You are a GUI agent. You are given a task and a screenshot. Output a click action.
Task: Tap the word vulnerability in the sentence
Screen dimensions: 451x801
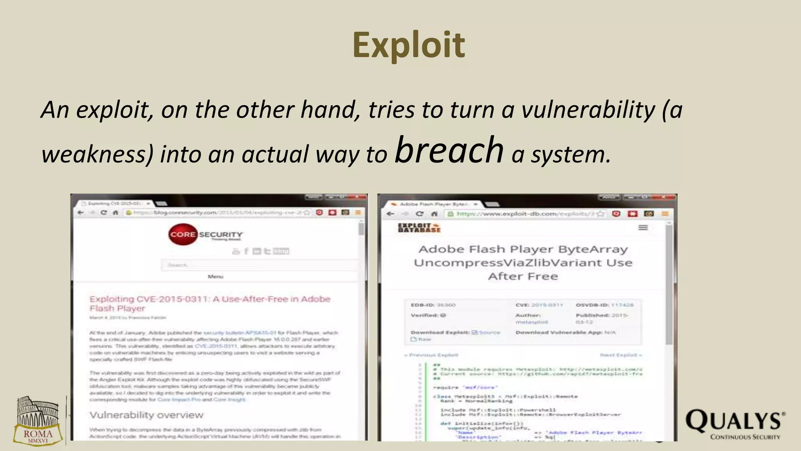(x=588, y=110)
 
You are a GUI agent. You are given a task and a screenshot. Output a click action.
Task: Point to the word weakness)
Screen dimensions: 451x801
(x=97, y=154)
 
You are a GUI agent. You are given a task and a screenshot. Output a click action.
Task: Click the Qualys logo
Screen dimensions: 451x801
(x=735, y=424)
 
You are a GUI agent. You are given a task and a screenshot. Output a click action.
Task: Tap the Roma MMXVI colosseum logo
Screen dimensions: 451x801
(x=38, y=421)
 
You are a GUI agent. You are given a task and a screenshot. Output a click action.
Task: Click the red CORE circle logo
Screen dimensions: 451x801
(x=182, y=235)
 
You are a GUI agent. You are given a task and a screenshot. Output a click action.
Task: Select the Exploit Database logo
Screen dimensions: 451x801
(x=419, y=228)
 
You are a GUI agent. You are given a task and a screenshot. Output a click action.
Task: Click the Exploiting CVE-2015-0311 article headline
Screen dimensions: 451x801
(x=210, y=303)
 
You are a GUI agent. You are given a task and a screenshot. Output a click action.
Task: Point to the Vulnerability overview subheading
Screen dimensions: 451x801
(x=146, y=415)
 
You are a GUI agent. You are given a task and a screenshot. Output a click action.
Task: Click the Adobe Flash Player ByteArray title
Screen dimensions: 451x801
(x=523, y=262)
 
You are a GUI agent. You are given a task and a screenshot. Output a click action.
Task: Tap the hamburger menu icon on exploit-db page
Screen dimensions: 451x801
(x=643, y=227)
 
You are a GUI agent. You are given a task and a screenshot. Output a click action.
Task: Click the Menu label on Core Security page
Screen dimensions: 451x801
(x=215, y=276)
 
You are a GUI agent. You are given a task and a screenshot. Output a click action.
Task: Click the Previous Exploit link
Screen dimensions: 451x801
(x=431, y=355)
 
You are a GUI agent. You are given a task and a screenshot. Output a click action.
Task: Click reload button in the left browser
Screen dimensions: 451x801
(x=104, y=213)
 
